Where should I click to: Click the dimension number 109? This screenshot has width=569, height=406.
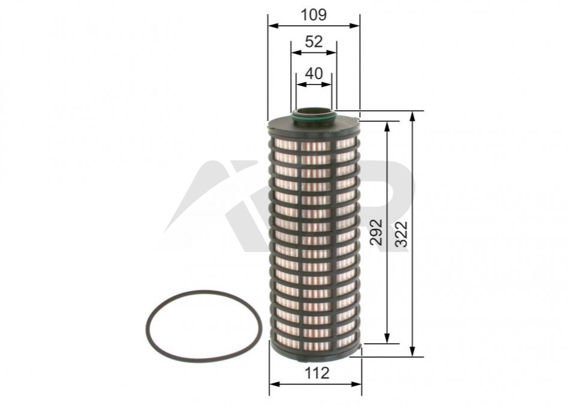(x=314, y=15)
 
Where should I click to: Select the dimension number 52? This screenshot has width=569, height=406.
(x=314, y=42)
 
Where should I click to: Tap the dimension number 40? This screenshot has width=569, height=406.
(x=314, y=74)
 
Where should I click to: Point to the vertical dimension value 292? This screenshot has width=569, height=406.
(x=377, y=232)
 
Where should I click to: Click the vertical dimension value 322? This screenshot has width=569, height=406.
(x=402, y=234)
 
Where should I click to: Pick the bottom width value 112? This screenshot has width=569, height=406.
(x=317, y=372)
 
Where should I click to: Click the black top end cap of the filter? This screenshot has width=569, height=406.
(x=314, y=125)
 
